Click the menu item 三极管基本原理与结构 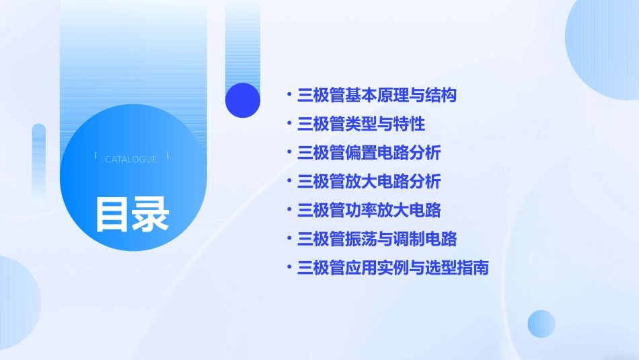click(377, 96)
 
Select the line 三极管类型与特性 click(361, 124)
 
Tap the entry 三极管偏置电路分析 click(369, 153)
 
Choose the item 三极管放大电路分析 click(369, 182)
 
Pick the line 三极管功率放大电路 click(369, 210)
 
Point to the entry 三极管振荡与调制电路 click(377, 239)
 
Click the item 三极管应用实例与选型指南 click(393, 268)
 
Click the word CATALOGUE click(131, 159)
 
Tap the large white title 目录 click(132, 213)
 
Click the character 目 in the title click(112, 213)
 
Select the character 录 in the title click(151, 213)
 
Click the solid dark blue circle click(243, 100)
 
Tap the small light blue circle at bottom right click(541, 324)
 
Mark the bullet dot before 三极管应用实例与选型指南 click(289, 268)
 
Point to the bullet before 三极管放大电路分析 click(289, 182)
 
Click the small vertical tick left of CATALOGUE click(96, 156)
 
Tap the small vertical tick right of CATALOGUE click(167, 156)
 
